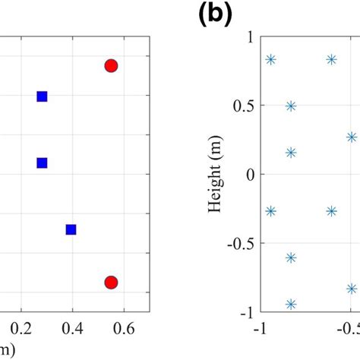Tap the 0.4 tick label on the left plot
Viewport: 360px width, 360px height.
(73, 329)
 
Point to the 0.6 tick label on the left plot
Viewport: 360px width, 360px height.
(125, 329)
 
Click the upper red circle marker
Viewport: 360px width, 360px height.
(111, 66)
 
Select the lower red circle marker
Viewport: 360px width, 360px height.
(111, 283)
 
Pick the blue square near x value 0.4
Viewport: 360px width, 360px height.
(71, 229)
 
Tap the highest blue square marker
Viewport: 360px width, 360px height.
(43, 96)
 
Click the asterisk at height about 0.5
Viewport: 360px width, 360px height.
(291, 106)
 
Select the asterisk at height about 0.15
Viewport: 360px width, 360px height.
(291, 153)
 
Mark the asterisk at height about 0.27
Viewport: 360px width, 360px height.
(352, 137)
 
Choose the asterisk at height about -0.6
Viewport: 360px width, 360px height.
(291, 258)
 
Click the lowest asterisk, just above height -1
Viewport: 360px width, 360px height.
(291, 305)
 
